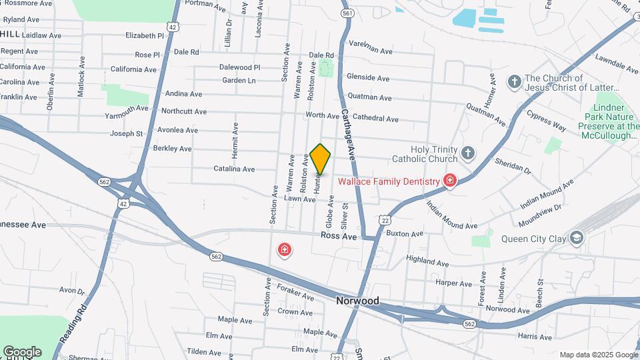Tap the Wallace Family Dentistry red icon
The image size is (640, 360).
(x=450, y=181)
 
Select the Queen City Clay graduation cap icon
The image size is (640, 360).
(x=576, y=238)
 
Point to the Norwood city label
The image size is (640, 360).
(x=357, y=301)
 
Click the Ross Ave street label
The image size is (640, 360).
(x=339, y=236)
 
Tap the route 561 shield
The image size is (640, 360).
(x=347, y=13)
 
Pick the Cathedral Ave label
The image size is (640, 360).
(x=376, y=119)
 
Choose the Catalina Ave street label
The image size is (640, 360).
(x=235, y=169)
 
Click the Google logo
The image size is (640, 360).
(x=22, y=351)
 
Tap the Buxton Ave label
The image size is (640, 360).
(x=405, y=235)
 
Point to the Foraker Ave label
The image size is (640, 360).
(x=295, y=293)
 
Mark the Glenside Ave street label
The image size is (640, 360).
(x=368, y=79)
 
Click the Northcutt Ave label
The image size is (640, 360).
(x=184, y=111)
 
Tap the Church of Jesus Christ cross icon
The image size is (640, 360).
(x=513, y=82)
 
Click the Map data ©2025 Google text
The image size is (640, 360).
(x=598, y=355)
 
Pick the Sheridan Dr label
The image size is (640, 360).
(x=513, y=166)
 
